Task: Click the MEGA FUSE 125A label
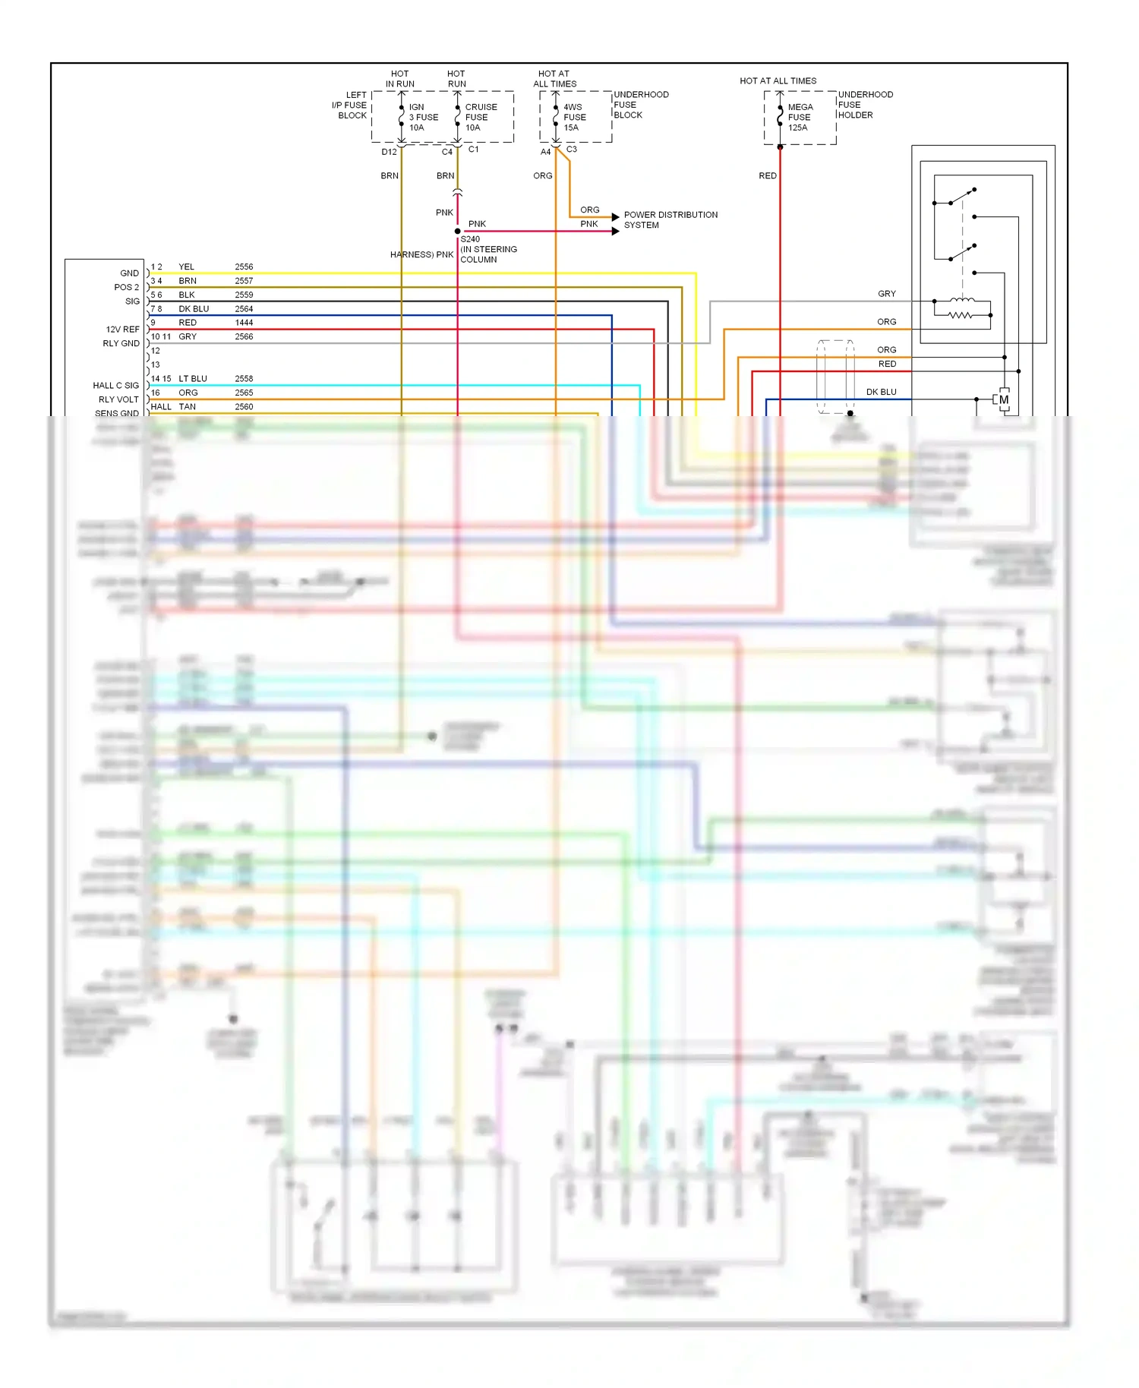[x=800, y=118]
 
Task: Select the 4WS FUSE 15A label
[x=574, y=118]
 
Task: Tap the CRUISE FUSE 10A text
[x=481, y=118]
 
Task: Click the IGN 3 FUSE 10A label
[x=423, y=118]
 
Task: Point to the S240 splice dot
[x=457, y=231]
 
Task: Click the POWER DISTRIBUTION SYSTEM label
[x=670, y=220]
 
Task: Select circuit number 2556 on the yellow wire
[x=244, y=267]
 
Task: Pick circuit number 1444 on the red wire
[x=244, y=323]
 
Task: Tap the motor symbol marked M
[x=1004, y=400]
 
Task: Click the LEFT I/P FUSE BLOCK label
[x=351, y=106]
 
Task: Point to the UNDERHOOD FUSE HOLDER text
[x=865, y=105]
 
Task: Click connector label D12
[x=389, y=152]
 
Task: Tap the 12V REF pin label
[x=122, y=330]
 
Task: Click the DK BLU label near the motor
[x=881, y=393]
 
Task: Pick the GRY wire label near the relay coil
[x=886, y=294]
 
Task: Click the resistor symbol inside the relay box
[x=961, y=315]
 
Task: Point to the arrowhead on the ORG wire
[x=615, y=217]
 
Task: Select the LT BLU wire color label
[x=193, y=379]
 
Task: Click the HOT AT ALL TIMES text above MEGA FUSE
[x=778, y=81]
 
